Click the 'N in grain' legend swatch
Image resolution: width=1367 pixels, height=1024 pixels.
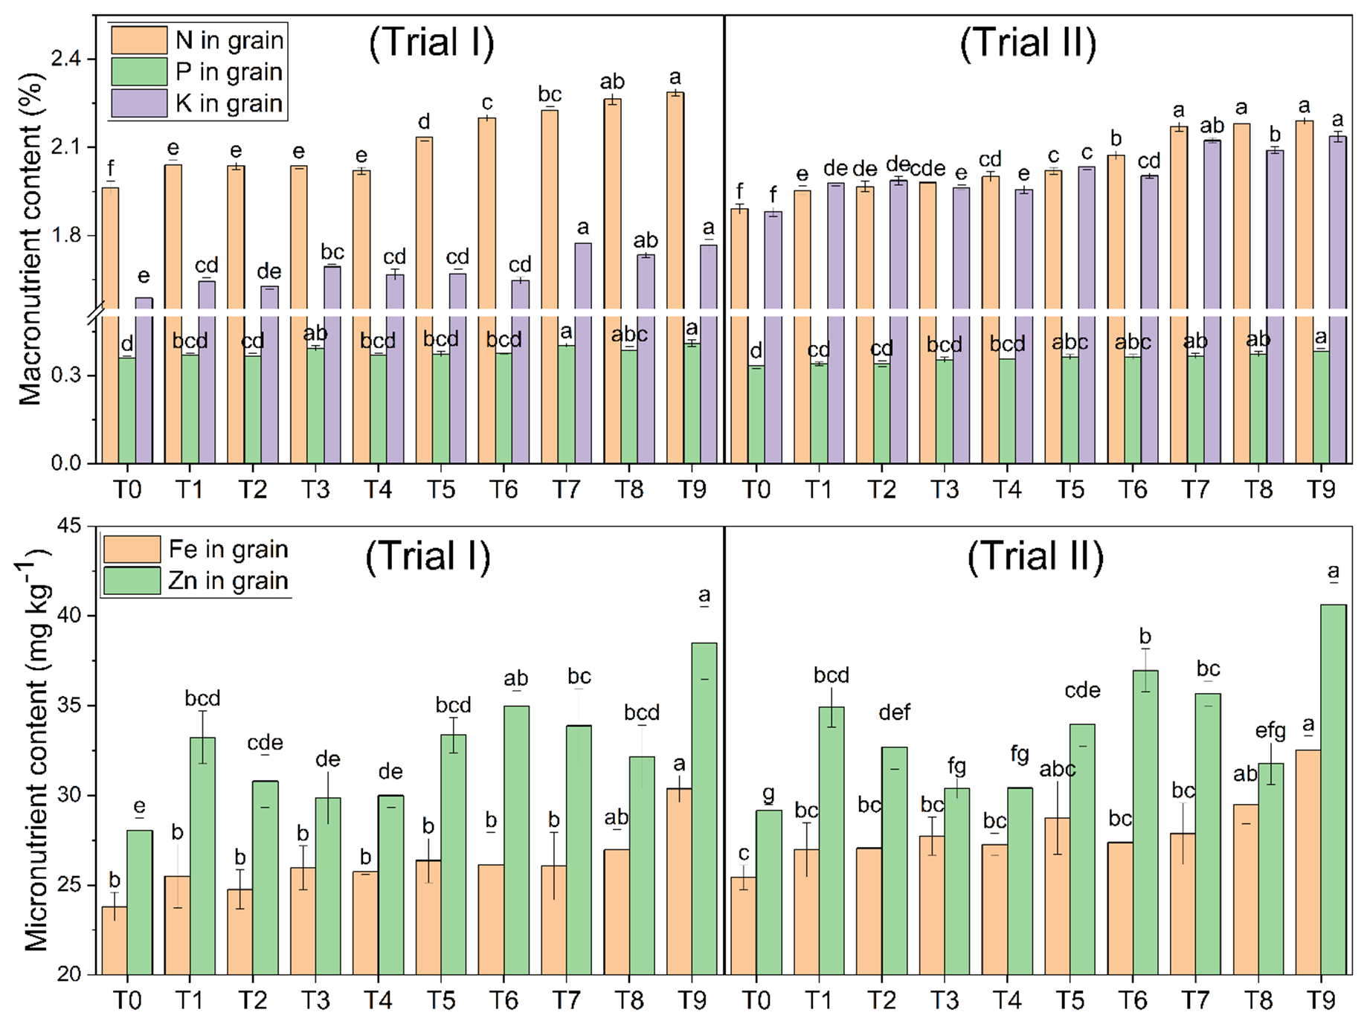pyautogui.click(x=139, y=40)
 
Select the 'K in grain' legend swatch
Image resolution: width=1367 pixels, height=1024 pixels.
pyautogui.click(x=139, y=103)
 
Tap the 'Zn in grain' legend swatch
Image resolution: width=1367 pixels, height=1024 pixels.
pyautogui.click(x=132, y=581)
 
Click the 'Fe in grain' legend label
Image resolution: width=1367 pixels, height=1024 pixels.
pyautogui.click(x=228, y=550)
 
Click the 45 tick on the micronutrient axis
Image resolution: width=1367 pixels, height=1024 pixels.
pyautogui.click(x=69, y=527)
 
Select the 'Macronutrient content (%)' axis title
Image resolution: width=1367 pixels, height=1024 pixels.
pyautogui.click(x=30, y=238)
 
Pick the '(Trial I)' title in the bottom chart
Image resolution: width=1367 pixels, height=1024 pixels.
pyautogui.click(x=428, y=557)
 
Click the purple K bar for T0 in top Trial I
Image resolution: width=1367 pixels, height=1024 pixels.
pyautogui.click(x=144, y=379)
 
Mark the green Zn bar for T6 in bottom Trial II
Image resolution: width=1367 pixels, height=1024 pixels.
pyautogui.click(x=1145, y=822)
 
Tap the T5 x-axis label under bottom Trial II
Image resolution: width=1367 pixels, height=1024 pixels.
pyautogui.click(x=1070, y=1001)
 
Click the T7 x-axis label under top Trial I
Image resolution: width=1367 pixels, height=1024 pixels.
pyautogui.click(x=567, y=490)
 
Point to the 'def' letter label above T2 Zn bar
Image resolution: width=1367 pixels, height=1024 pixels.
pyautogui.click(x=894, y=713)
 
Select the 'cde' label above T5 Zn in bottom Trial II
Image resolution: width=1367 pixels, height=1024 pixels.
pyautogui.click(x=1082, y=691)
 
